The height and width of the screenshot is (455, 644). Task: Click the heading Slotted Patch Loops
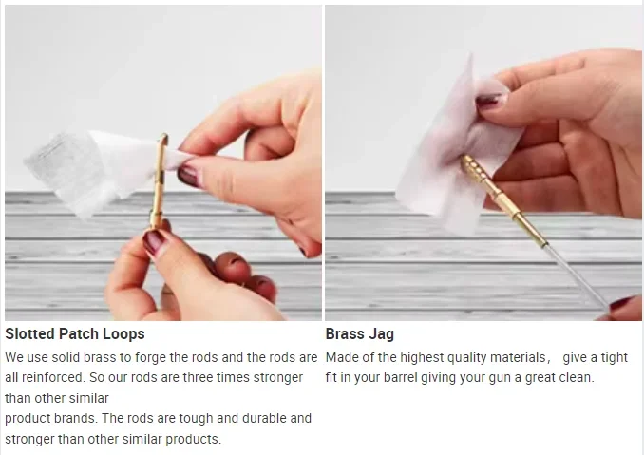point(75,334)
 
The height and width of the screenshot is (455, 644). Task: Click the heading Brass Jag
point(360,334)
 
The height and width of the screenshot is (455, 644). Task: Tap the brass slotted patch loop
point(159,180)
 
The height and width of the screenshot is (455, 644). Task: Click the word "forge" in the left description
point(150,358)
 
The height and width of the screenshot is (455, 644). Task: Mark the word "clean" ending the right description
point(578,377)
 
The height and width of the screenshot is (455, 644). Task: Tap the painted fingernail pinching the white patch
point(189,175)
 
